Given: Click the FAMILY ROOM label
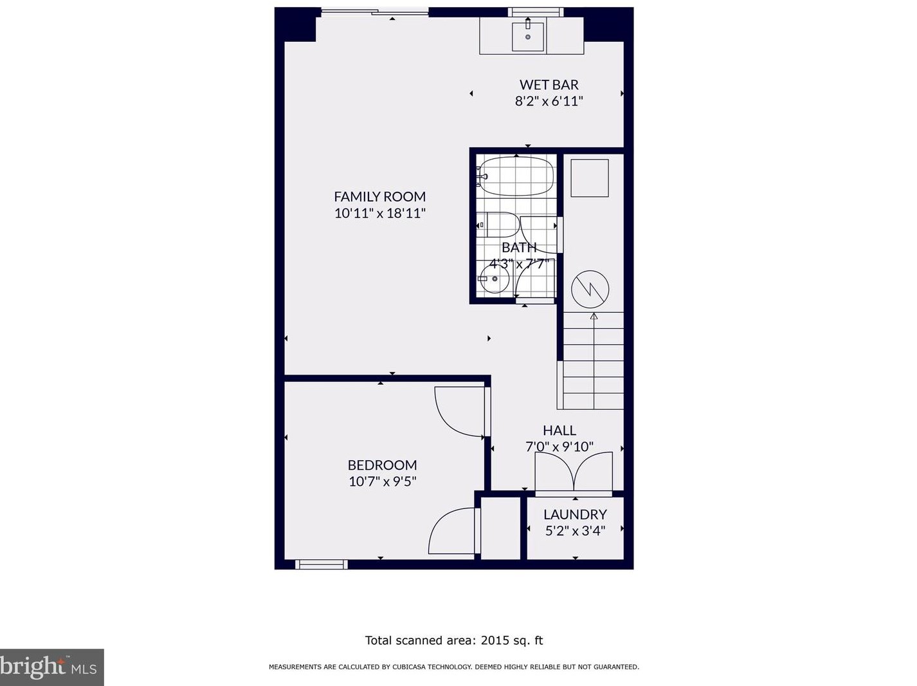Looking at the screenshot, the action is click(380, 196).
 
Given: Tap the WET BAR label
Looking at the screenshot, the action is click(549, 85).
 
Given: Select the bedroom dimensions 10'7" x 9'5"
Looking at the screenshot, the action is click(382, 481).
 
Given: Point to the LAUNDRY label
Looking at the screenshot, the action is click(575, 514).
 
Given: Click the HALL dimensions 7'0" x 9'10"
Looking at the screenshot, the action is click(559, 447).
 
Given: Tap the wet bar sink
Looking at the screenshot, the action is click(528, 37).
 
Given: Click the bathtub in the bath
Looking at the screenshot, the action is click(516, 176).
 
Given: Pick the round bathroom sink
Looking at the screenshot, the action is click(495, 279).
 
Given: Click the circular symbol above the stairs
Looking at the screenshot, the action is click(590, 289).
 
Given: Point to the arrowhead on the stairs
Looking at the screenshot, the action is click(594, 316).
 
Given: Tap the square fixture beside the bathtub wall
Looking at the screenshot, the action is click(590, 178).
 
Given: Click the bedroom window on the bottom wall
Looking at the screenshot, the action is click(322, 565).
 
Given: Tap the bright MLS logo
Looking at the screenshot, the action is click(51, 667).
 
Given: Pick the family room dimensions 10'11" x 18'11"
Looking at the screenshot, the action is click(380, 213).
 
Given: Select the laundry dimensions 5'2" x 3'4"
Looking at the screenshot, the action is click(576, 531).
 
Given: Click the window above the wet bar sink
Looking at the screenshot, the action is click(535, 12).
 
